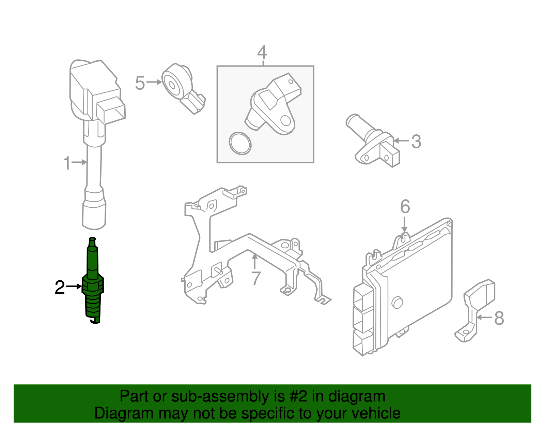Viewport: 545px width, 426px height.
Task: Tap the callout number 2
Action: (60, 288)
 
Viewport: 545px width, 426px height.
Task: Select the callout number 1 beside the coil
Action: (67, 163)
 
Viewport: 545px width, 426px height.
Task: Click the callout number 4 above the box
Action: (262, 53)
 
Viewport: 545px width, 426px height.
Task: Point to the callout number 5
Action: (140, 83)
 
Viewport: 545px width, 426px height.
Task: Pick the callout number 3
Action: (416, 142)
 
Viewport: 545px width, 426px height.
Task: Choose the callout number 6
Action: (405, 207)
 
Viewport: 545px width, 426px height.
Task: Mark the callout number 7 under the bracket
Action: (256, 278)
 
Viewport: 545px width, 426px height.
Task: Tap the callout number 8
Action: (499, 318)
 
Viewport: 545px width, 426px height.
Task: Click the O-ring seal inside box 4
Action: (240, 143)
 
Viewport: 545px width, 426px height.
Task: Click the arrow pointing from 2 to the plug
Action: (74, 287)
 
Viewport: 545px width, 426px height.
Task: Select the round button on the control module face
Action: (397, 303)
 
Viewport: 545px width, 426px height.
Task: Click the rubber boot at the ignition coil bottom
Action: (94, 211)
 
